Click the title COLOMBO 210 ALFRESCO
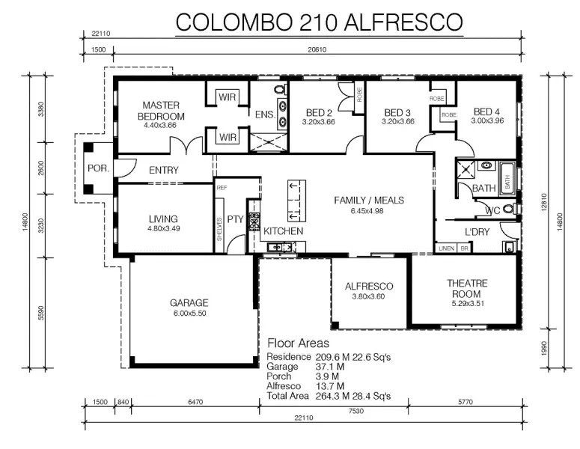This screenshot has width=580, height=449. pyautogui.click(x=319, y=22)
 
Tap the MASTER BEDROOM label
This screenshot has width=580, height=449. pyautogui.click(x=161, y=111)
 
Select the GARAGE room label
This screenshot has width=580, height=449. pyautogui.click(x=189, y=303)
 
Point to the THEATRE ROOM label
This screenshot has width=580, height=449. pyautogui.click(x=467, y=289)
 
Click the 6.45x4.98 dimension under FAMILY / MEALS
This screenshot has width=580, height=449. pyautogui.click(x=367, y=211)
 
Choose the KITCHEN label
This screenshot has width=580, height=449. pyautogui.click(x=284, y=231)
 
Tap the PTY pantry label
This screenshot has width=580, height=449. pyautogui.click(x=235, y=219)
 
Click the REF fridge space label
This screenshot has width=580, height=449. pyautogui.click(x=222, y=188)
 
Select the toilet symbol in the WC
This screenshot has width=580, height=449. pyautogui.click(x=510, y=209)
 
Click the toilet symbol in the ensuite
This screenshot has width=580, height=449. pyautogui.click(x=280, y=89)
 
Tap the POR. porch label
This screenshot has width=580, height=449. pyautogui.click(x=98, y=168)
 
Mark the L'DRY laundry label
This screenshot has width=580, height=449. pyautogui.click(x=477, y=232)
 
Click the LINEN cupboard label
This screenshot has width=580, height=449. pyautogui.click(x=446, y=248)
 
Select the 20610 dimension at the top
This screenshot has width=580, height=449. pyautogui.click(x=317, y=49)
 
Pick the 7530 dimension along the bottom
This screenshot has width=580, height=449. pyautogui.click(x=355, y=411)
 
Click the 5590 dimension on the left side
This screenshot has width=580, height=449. pyautogui.click(x=41, y=313)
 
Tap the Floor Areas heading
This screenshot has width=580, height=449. pyautogui.click(x=298, y=343)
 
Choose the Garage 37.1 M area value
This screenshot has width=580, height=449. pyautogui.click(x=330, y=367)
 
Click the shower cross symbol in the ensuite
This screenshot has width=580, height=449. pyautogui.click(x=269, y=143)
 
